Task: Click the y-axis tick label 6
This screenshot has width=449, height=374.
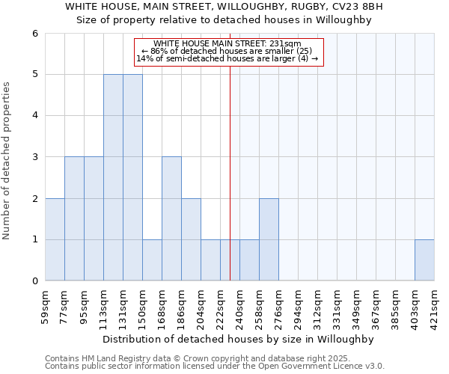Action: click(x=34, y=34)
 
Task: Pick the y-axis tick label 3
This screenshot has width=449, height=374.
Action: click(x=34, y=157)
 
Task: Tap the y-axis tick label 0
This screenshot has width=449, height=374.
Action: click(x=34, y=281)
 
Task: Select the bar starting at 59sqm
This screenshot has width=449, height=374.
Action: click(x=55, y=239)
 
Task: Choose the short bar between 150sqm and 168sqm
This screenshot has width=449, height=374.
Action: click(x=152, y=260)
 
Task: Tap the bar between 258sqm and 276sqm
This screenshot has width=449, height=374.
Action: click(x=269, y=239)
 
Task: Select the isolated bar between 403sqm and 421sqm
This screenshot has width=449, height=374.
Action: click(x=424, y=260)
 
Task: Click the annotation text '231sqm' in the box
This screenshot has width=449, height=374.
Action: click(x=285, y=44)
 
